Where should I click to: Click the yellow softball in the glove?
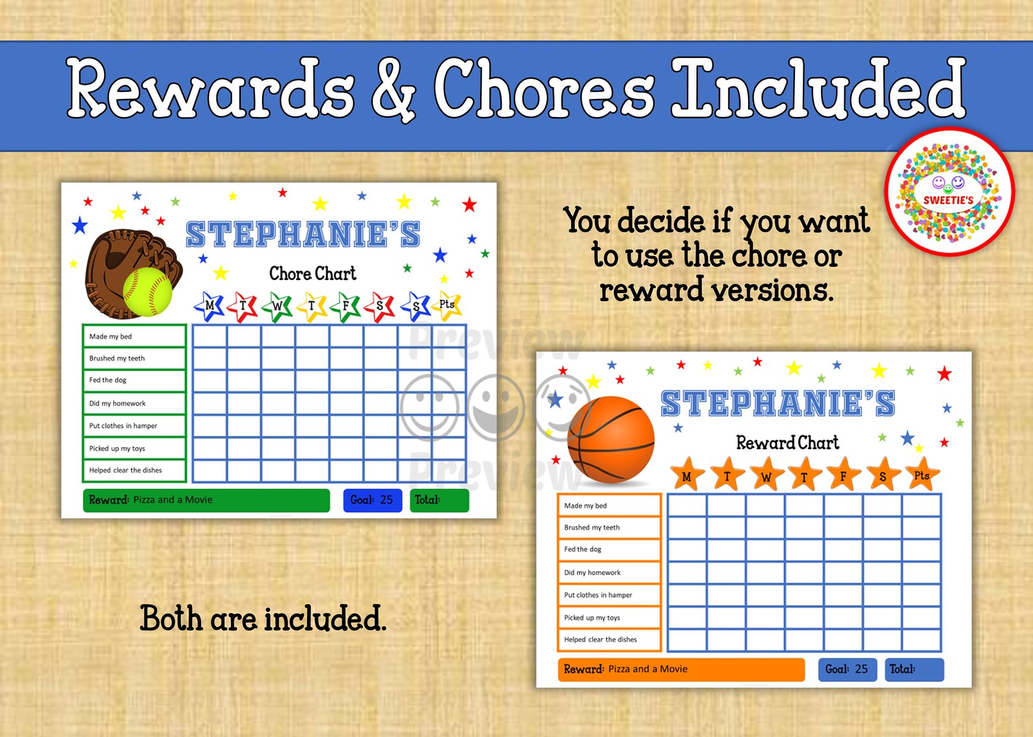[x=148, y=292]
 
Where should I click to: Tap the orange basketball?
[x=611, y=440]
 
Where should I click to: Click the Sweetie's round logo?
[x=949, y=193]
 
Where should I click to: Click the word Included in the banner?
[x=818, y=89]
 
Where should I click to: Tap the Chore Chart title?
[x=313, y=274]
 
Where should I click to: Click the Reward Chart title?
[x=787, y=443]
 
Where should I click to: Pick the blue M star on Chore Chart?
[x=209, y=305]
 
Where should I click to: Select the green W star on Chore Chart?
[x=278, y=306]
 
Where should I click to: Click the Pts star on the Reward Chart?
[x=922, y=475]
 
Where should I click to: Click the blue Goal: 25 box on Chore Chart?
[x=372, y=500]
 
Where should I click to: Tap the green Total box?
[x=439, y=500]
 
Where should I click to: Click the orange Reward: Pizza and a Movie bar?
[x=680, y=669]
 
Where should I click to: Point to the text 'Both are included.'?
[x=263, y=619]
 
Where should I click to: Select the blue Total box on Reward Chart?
[x=914, y=669]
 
